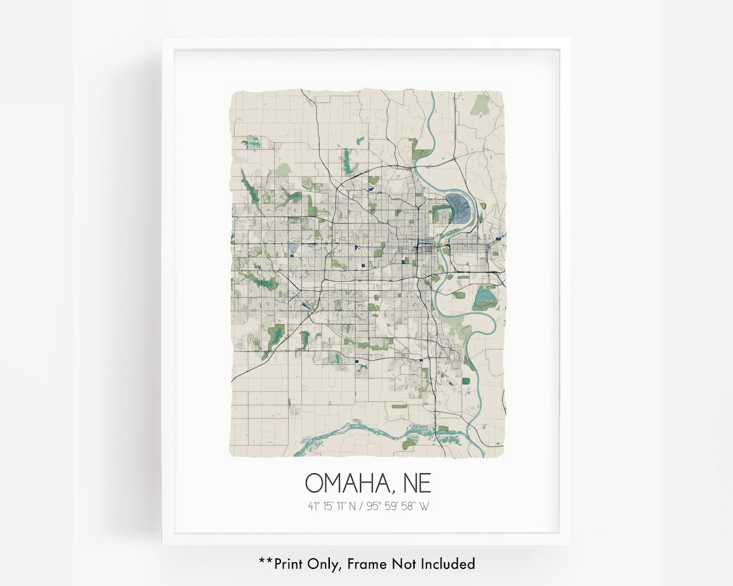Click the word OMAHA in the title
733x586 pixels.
pos(345,483)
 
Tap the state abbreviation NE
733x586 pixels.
pos(413,483)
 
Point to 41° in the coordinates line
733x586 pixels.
pos(314,506)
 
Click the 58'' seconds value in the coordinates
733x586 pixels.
pos(409,506)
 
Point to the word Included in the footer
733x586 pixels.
pos(447,564)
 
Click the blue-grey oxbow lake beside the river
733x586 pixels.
pos(459,208)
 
